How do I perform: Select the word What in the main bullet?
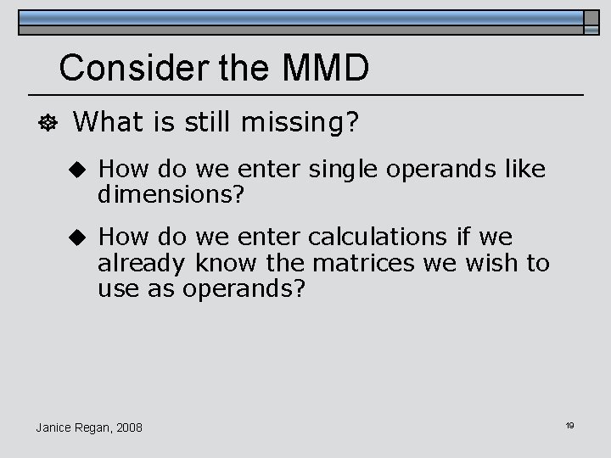105,124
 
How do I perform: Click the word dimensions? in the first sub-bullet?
171,195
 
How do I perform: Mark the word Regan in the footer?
92,427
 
